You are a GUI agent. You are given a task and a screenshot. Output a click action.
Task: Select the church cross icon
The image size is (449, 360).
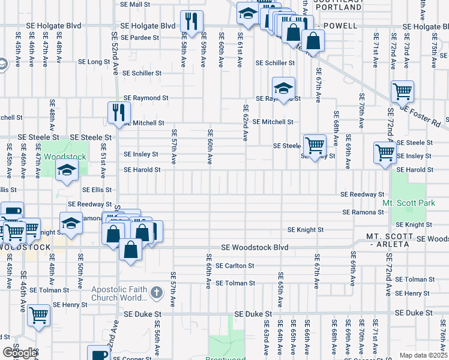[156, 293]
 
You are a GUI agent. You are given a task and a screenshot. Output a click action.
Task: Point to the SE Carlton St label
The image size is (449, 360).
[235, 265]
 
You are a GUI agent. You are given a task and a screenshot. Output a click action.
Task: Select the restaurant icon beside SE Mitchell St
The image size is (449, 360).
[119, 112]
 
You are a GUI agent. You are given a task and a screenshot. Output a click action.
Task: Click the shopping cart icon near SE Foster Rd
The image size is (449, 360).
[402, 91]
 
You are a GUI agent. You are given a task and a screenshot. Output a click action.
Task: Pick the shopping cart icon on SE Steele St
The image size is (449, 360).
[315, 145]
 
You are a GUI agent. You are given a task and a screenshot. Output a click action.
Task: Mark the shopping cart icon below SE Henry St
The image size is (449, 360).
[39, 314]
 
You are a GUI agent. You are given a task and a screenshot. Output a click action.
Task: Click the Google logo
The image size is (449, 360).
[20, 353]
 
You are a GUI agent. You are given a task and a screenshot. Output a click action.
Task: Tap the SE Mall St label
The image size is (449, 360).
[135, 4]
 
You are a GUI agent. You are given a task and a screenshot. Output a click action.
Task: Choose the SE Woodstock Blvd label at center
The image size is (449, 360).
[255, 247]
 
